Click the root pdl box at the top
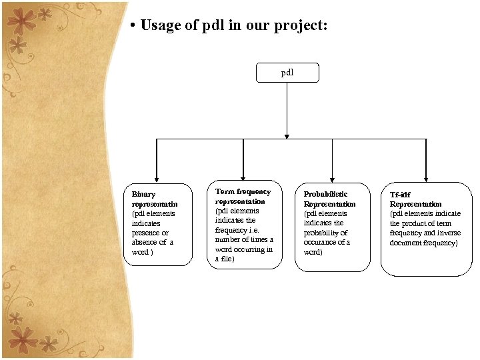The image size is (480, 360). (287, 73)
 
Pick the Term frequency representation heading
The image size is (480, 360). (243, 196)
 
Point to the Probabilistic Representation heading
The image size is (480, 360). (329, 199)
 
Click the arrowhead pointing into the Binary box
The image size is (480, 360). (157, 178)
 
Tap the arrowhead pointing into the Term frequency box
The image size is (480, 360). (243, 176)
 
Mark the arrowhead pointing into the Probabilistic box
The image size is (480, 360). (332, 178)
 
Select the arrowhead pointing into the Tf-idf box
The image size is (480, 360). (426, 178)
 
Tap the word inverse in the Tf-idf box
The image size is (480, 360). (449, 233)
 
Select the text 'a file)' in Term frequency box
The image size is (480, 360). (225, 259)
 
